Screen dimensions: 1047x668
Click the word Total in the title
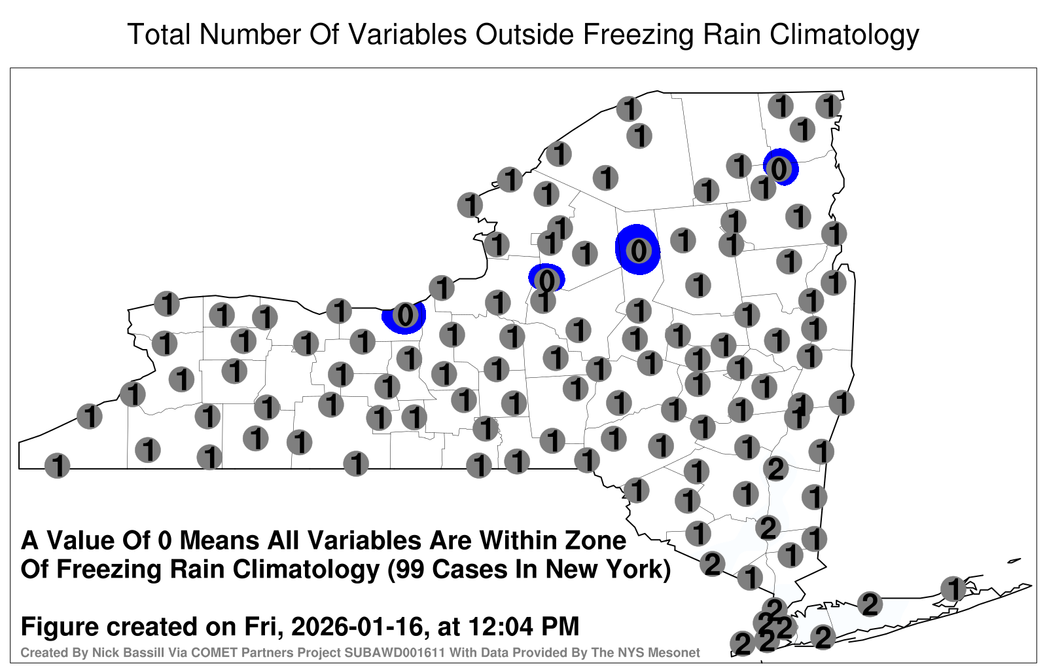(x=160, y=34)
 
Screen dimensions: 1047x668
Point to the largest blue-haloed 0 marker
(x=638, y=250)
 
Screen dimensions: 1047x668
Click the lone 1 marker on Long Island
(x=953, y=589)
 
